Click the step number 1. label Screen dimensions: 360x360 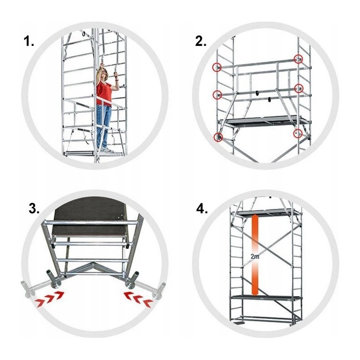point(29,41)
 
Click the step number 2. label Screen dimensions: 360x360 point(200,41)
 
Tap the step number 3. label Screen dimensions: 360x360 point(34,209)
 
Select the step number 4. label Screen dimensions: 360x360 point(202,209)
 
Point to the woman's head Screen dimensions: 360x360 point(103,72)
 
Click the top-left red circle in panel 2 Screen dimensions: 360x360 point(217,67)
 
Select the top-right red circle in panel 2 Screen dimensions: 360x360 point(298,59)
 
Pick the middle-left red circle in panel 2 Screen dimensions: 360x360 point(217,94)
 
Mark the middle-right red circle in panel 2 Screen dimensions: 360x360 point(299,88)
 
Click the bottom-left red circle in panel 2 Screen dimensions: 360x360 point(218,137)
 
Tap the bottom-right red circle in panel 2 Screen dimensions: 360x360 point(298,133)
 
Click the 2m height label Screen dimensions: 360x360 point(255,256)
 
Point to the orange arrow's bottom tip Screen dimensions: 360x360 point(255,295)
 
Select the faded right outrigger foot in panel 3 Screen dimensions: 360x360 point(159,291)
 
